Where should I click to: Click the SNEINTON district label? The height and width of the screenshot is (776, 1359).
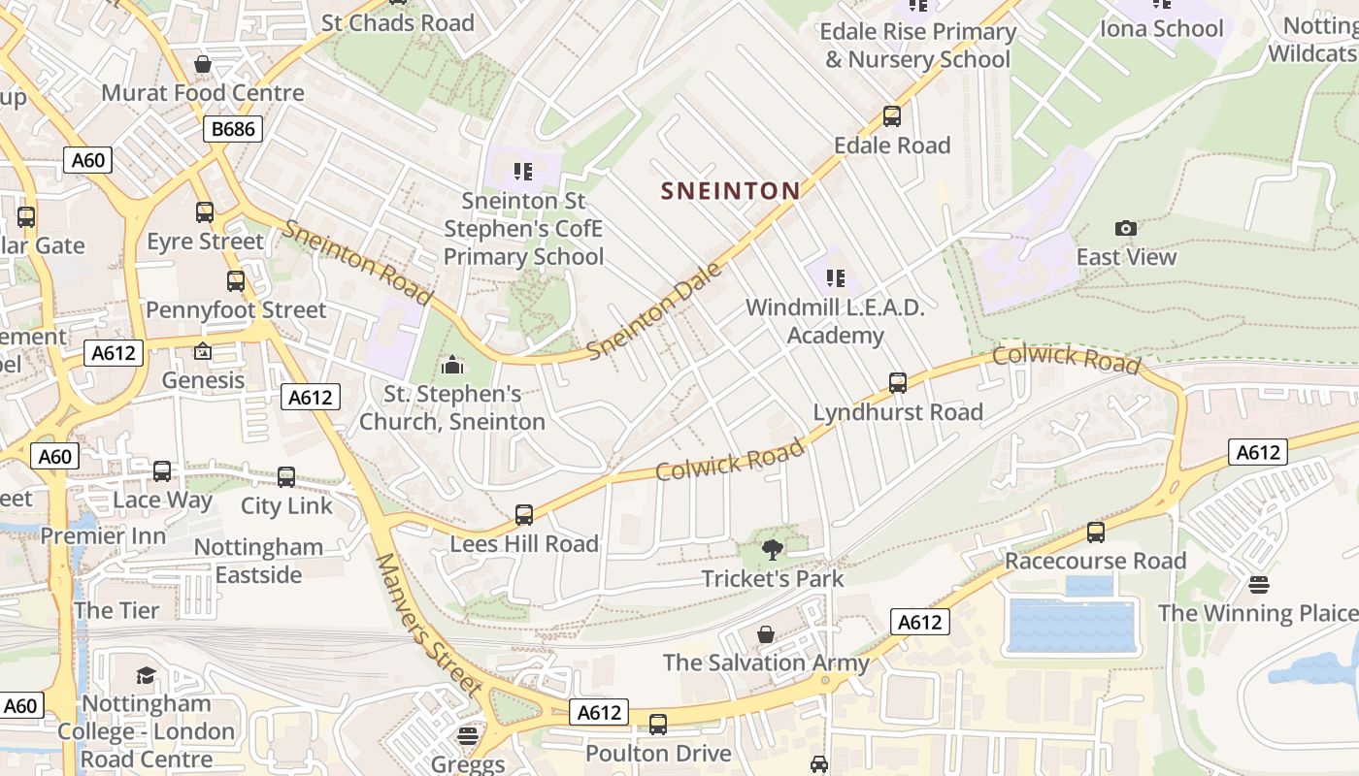(731, 190)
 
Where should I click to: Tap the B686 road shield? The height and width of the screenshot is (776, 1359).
(233, 129)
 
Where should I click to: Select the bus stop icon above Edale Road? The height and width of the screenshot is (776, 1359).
(892, 116)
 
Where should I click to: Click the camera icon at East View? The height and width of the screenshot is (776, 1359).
(1126, 228)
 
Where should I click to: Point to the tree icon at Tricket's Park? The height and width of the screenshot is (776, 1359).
(773, 550)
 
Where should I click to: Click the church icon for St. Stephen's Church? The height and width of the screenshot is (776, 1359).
(452, 366)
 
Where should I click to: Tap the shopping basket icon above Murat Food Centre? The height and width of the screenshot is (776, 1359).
(203, 65)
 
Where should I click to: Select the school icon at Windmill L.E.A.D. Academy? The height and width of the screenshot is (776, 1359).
(836, 279)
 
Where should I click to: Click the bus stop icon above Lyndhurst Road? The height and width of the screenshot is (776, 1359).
(898, 383)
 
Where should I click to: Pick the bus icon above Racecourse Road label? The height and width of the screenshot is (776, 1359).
(1096, 532)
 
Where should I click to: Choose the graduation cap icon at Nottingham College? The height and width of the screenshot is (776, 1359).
(146, 674)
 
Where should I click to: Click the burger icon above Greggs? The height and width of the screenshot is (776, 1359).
(468, 735)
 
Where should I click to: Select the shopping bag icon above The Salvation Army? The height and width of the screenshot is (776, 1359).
(766, 634)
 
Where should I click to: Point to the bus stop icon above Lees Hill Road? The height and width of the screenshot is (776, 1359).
(524, 515)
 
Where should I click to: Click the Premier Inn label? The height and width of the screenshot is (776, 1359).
(103, 535)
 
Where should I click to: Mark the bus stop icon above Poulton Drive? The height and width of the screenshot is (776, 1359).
(658, 725)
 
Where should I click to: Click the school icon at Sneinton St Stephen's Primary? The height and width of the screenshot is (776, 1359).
(524, 173)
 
